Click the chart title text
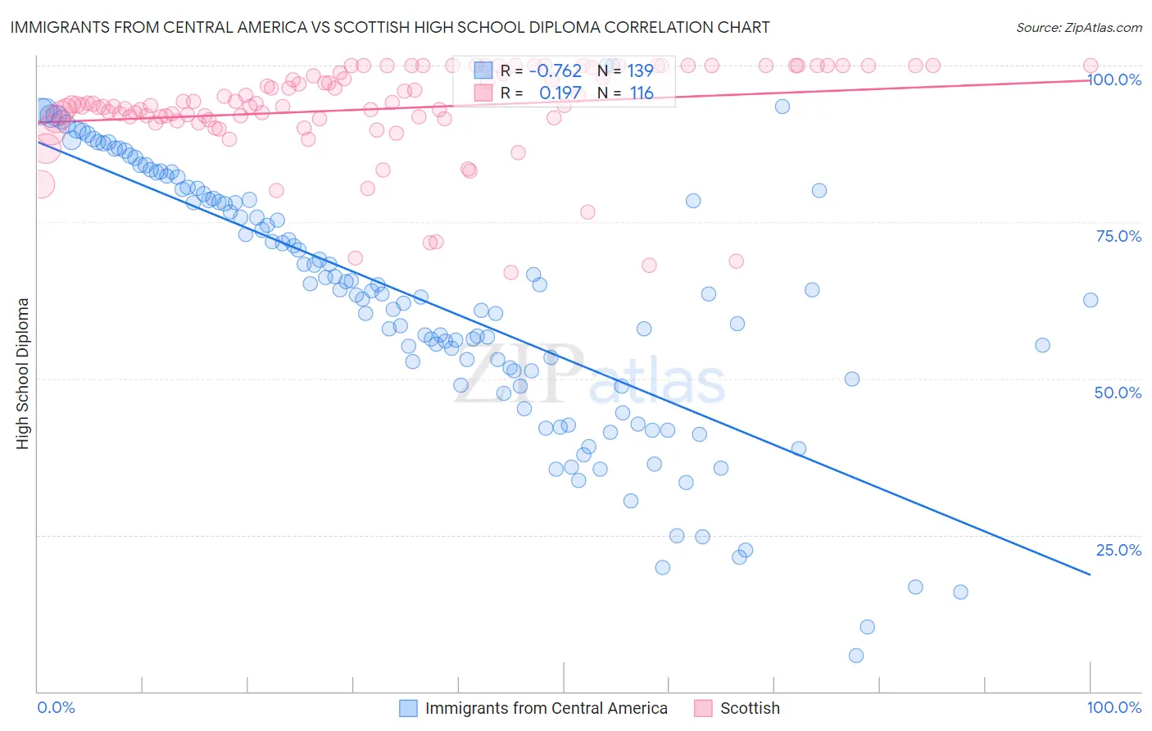click(x=390, y=27)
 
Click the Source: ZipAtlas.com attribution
click(x=1078, y=27)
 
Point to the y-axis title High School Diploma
click(x=23, y=373)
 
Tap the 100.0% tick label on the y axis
click(x=1113, y=79)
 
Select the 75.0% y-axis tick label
click(x=1118, y=236)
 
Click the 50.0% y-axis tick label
click(x=1118, y=393)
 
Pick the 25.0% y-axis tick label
click(x=1118, y=549)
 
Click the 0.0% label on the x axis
click(x=56, y=707)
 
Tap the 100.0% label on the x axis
click(x=1113, y=707)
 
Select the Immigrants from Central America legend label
click(x=546, y=708)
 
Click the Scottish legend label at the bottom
click(x=750, y=708)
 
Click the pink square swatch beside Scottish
click(x=703, y=708)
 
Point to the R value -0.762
click(x=555, y=71)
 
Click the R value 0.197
click(x=560, y=93)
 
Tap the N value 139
click(x=640, y=71)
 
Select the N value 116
click(x=642, y=93)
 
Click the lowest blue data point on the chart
click(x=856, y=655)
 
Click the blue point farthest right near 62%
click(x=1090, y=300)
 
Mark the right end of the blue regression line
click(x=1090, y=574)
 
